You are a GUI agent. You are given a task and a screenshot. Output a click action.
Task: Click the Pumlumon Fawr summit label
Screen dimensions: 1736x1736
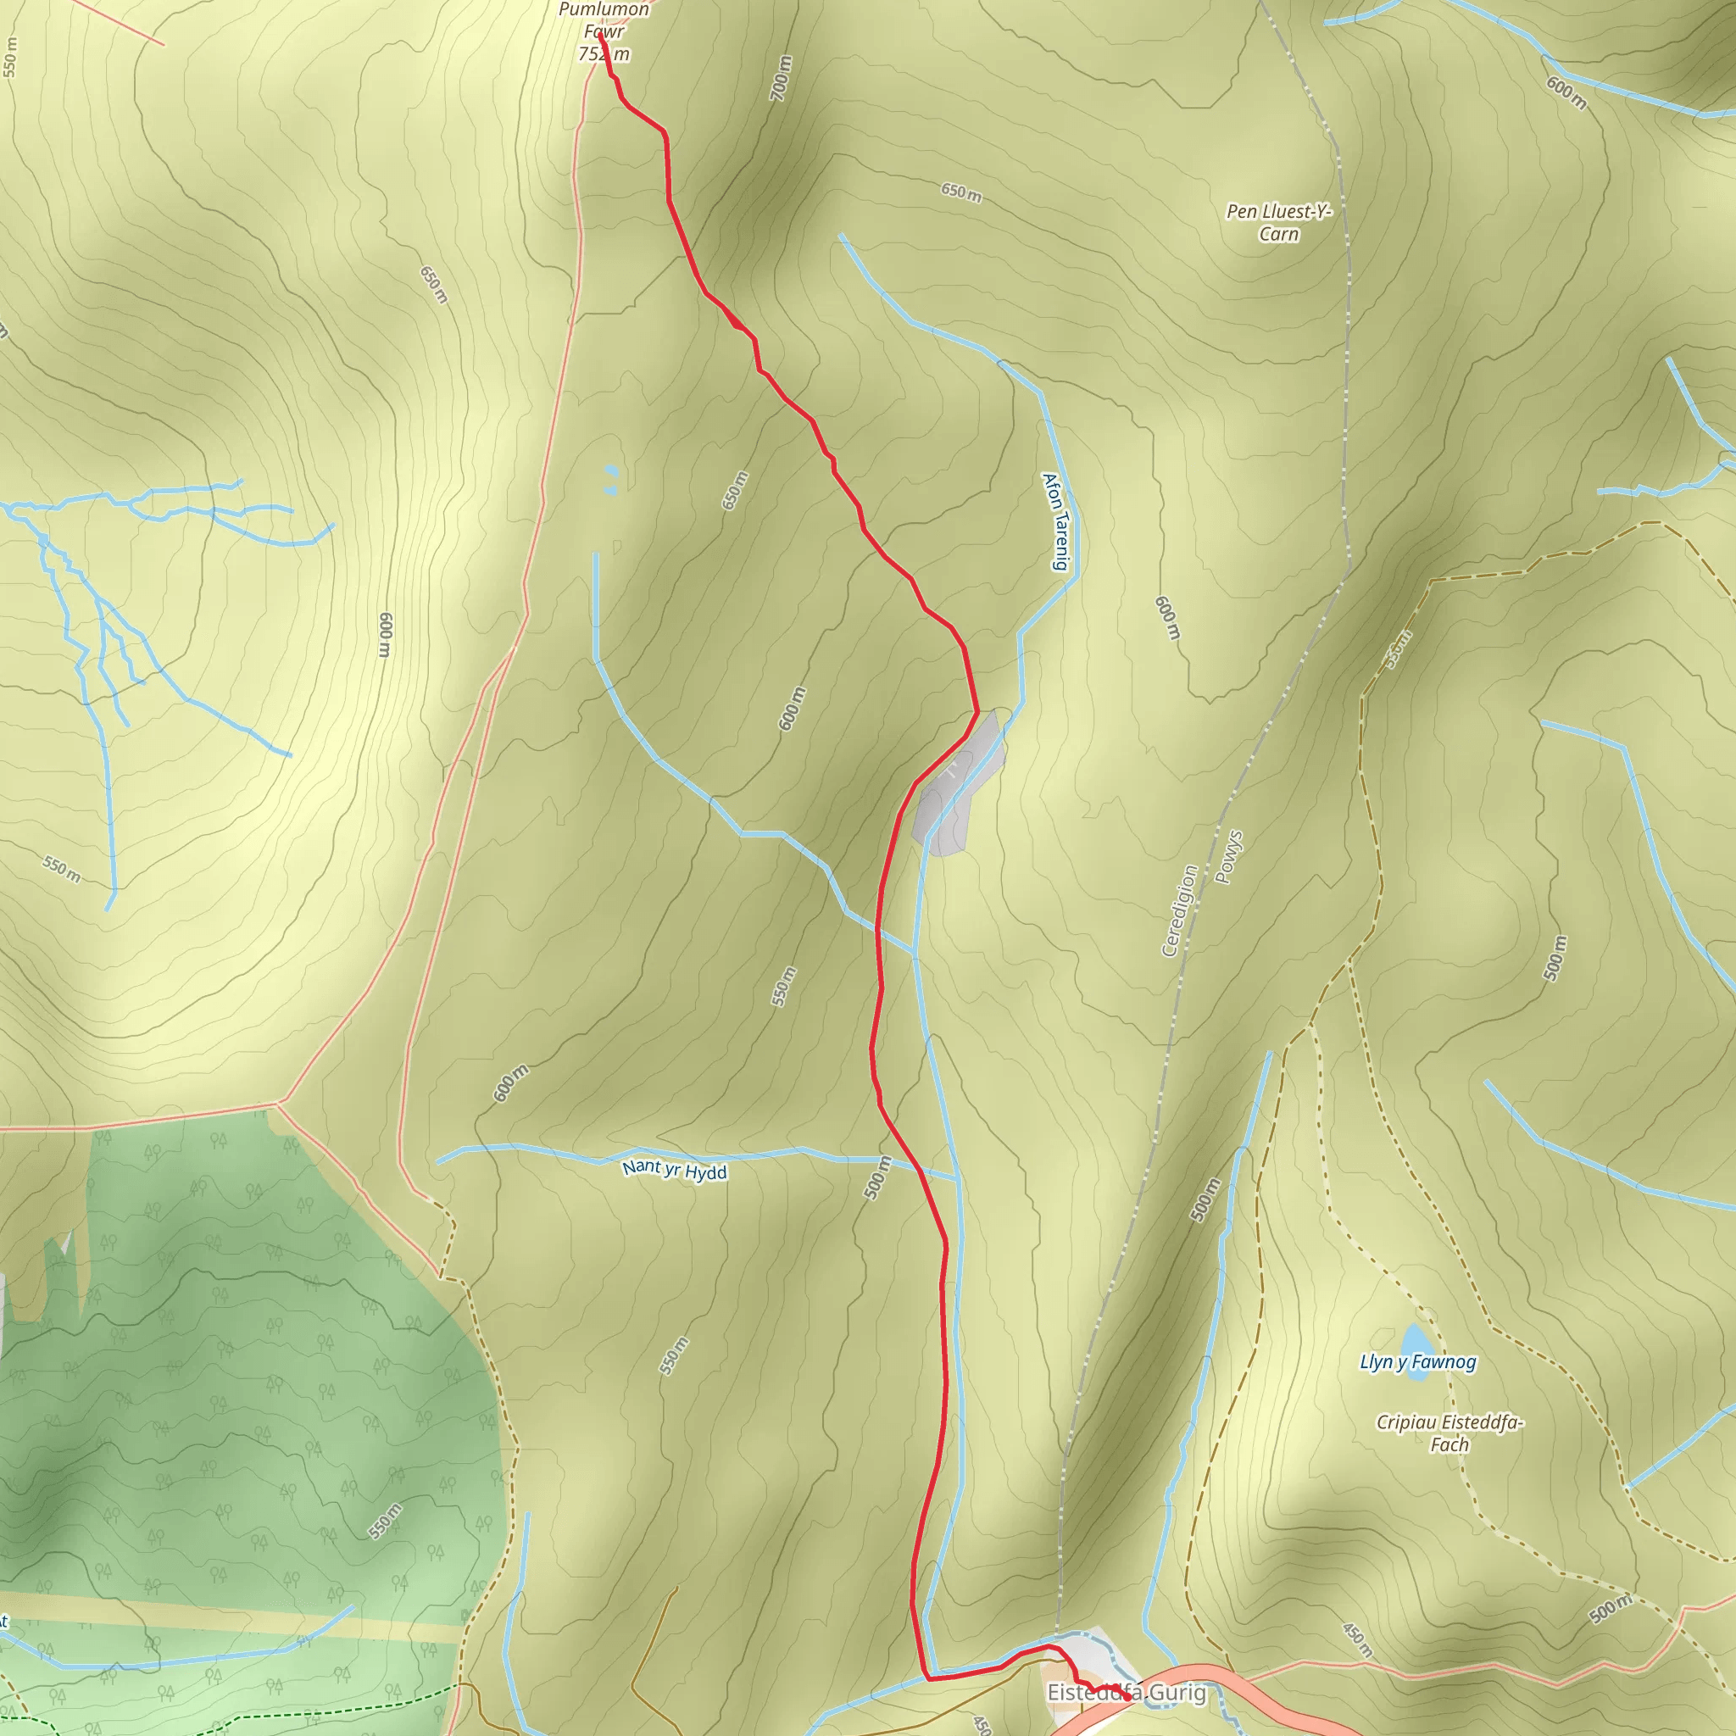[x=604, y=31]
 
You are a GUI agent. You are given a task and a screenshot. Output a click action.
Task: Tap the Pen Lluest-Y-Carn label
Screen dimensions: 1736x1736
[x=1278, y=223]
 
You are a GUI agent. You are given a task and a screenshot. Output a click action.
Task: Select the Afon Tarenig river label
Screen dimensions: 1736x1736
[x=1057, y=521]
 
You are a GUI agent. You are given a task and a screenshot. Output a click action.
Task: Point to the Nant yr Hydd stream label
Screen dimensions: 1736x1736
[x=674, y=1171]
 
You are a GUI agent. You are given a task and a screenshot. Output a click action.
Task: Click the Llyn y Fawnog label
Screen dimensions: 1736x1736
[x=1418, y=1362]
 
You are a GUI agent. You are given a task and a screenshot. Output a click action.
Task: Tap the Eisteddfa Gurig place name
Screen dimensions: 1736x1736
[x=1126, y=1693]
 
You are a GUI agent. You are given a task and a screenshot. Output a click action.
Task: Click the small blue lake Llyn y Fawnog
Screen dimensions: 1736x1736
[x=1413, y=1338]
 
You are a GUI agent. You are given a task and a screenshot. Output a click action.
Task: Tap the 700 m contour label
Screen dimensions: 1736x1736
[x=781, y=77]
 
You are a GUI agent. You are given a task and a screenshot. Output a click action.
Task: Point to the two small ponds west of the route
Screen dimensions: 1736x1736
[x=611, y=479]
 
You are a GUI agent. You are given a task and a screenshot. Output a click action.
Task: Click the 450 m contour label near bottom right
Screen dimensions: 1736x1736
[x=1357, y=1640]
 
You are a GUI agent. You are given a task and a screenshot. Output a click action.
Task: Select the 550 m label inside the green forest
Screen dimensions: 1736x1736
[x=385, y=1522]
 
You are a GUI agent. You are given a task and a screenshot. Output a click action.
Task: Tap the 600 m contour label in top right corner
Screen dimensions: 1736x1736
[x=1566, y=92]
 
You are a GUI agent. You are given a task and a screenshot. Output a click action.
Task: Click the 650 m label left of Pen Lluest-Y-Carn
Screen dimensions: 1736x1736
[x=960, y=192]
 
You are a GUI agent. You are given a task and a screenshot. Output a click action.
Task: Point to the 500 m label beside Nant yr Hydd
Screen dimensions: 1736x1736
[x=877, y=1177]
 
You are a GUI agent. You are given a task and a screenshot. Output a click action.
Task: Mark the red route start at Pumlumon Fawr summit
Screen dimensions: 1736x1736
[x=600, y=36]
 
